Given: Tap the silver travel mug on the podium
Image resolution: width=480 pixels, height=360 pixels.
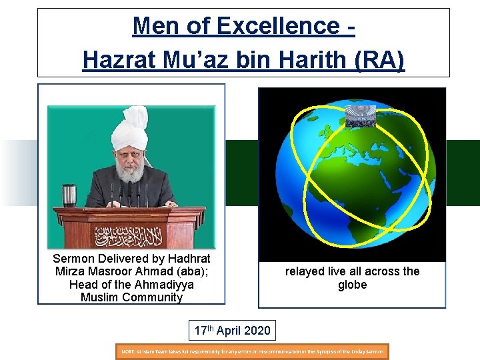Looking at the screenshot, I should [69, 195].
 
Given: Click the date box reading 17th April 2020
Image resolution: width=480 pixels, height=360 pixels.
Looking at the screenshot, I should [232, 330].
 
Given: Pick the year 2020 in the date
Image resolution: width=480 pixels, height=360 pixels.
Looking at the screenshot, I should [257, 330].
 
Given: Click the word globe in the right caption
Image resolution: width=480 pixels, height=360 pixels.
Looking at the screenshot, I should [352, 285].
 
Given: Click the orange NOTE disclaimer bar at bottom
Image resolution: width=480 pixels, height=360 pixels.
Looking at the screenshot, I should [253, 351].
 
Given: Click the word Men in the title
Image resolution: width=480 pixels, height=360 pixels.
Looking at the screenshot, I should [151, 26].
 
